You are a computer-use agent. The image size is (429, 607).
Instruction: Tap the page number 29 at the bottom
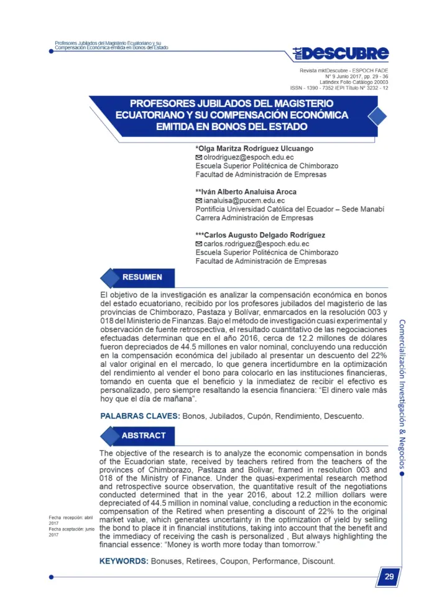tap(389, 577)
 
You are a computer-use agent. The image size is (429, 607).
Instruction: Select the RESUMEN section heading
tap(142, 277)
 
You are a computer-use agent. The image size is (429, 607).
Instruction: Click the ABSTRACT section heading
tap(144, 435)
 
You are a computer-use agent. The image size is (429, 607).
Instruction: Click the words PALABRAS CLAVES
tap(140, 415)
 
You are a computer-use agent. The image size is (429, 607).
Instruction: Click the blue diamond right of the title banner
tap(377, 116)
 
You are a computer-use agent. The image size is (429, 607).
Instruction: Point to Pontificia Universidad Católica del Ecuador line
tap(290, 210)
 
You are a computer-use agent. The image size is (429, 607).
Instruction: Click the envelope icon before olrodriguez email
tap(199, 158)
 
